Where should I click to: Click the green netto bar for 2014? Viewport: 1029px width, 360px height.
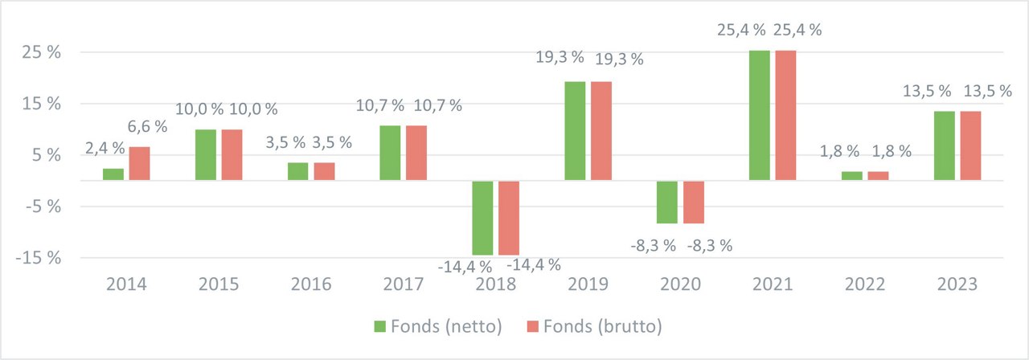coord(113,174)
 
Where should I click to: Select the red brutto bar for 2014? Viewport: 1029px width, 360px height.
coord(139,164)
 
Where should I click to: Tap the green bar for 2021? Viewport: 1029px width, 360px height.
coord(760,116)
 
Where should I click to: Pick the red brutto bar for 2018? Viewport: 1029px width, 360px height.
coord(508,218)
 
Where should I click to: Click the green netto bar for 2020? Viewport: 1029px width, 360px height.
coord(666,202)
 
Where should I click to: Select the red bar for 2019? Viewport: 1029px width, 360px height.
coord(601,131)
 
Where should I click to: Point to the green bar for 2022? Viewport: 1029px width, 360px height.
coord(852,176)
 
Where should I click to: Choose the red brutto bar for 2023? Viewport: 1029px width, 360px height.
coord(970,145)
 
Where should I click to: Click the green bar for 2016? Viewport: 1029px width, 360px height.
coord(297,172)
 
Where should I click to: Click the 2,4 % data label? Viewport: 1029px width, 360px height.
coord(105,148)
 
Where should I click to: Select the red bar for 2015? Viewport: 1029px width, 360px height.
coord(232,155)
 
